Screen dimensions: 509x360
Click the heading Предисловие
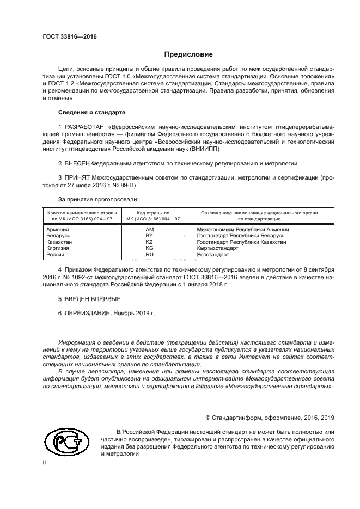188,54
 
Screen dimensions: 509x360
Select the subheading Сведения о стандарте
91,112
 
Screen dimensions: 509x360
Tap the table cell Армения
58,230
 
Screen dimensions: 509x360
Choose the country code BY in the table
149,236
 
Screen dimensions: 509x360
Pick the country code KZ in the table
149,242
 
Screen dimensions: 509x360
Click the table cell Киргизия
59,248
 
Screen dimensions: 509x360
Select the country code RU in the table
149,254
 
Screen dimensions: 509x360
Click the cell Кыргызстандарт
217,248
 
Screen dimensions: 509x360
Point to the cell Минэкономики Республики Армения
242,230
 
